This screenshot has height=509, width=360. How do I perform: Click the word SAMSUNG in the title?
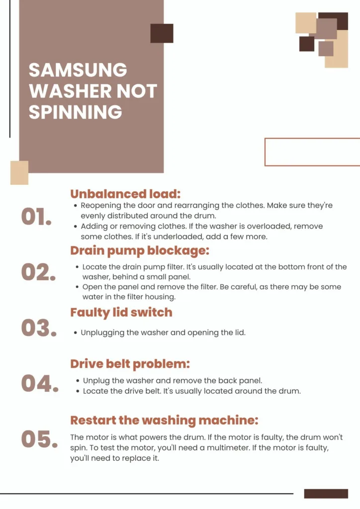click(78, 70)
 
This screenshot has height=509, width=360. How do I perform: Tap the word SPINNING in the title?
click(75, 112)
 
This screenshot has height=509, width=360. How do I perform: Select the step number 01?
click(36, 217)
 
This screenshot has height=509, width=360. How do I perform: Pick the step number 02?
click(38, 272)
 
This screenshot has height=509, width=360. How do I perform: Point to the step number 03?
click(39, 328)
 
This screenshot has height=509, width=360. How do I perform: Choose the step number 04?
click(40, 384)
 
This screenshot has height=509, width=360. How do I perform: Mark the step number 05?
click(39, 439)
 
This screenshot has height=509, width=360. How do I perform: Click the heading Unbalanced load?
click(125, 194)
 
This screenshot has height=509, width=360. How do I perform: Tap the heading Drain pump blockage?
click(140, 251)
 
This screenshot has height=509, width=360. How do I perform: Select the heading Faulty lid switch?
click(121, 313)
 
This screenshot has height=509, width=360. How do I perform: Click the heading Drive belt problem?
click(130, 364)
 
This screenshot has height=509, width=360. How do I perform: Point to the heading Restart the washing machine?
click(164, 421)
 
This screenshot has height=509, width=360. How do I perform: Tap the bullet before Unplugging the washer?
click(75, 333)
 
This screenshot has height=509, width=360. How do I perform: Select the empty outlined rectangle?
click(265, 152)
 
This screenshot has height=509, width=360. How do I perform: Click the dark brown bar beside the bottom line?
click(326, 494)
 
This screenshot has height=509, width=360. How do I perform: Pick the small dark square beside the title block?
click(162, 33)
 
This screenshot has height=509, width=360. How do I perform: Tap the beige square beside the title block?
click(19, 172)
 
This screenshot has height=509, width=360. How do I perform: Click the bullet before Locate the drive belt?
click(78, 391)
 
